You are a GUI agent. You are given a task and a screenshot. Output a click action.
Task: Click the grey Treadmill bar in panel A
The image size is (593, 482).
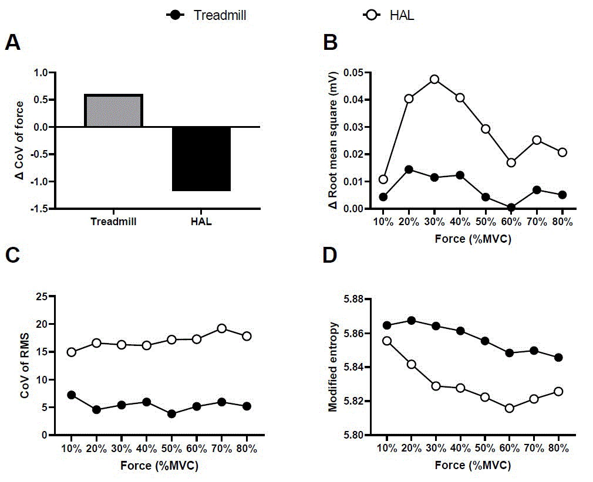click(x=114, y=111)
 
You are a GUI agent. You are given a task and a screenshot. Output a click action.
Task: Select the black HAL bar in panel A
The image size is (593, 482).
click(x=201, y=159)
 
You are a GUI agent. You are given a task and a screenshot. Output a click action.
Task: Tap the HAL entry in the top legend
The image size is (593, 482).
click(x=390, y=15)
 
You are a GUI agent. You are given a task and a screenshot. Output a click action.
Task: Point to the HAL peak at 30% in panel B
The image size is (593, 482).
click(x=434, y=79)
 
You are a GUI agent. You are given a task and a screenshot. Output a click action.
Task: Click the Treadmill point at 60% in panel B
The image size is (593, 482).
click(x=511, y=208)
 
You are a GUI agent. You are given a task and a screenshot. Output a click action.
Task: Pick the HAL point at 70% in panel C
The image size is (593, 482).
click(x=221, y=328)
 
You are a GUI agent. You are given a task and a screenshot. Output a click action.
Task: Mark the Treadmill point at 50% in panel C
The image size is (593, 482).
click(x=171, y=414)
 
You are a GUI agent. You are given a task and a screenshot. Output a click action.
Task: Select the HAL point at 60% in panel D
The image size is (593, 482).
click(x=509, y=408)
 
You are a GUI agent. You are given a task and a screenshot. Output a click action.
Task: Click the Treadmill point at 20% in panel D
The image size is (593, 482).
click(x=411, y=321)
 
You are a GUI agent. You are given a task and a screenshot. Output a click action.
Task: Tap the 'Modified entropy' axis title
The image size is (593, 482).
click(x=333, y=366)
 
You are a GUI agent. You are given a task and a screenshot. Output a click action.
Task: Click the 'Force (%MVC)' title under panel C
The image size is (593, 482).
click(x=159, y=467)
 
